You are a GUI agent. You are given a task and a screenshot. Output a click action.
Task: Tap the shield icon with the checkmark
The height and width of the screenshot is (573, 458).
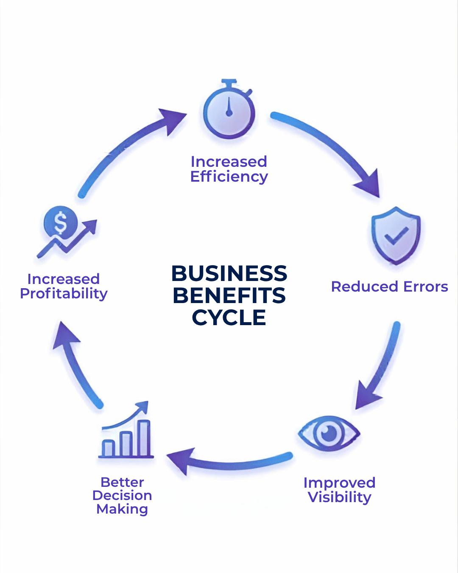tap(396, 236)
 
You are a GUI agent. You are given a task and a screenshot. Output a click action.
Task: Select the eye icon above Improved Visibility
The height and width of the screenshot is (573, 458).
tap(329, 433)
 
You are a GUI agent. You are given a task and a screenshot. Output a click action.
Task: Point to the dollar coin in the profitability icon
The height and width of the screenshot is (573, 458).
tap(61, 222)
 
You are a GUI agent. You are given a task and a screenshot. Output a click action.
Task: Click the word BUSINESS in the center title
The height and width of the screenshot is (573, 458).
tap(229, 274)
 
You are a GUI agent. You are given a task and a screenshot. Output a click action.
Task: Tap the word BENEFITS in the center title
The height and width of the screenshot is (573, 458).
tap(229, 296)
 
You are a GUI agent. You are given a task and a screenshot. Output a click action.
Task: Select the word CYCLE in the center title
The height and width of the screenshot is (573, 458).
tap(229, 318)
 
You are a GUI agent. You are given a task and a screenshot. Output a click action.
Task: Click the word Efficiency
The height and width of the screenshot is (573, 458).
tap(229, 177)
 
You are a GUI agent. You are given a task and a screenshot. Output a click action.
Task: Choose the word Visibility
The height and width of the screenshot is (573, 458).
tap(339, 497)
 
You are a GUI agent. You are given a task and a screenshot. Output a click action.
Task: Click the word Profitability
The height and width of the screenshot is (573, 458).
tap(64, 294)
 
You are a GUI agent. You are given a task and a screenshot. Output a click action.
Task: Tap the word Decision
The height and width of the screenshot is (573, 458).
tap(122, 495)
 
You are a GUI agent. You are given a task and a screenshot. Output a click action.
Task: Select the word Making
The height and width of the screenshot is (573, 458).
tap(122, 509)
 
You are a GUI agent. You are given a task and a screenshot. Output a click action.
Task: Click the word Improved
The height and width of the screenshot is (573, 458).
tap(339, 483)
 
